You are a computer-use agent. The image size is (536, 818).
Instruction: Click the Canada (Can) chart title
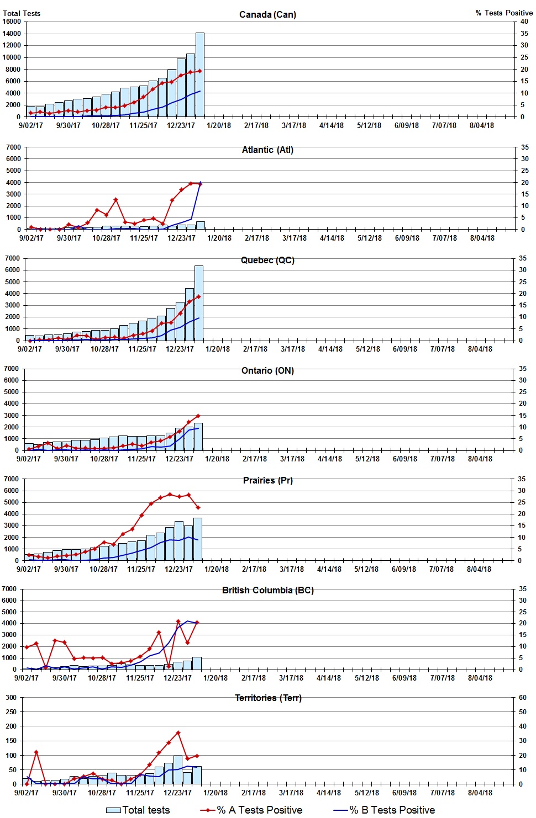click(x=267, y=14)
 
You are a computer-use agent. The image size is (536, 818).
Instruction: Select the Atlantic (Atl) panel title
click(x=267, y=150)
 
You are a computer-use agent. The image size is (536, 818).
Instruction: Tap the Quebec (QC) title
click(x=267, y=260)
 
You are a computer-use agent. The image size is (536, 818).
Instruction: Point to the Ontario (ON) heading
click(x=267, y=370)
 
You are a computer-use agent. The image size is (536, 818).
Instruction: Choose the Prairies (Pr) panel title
click(x=267, y=480)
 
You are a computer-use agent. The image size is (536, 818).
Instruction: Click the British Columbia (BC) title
click(x=267, y=590)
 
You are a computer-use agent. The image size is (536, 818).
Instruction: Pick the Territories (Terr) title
click(x=267, y=698)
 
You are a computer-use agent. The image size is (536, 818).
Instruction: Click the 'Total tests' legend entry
click(x=138, y=810)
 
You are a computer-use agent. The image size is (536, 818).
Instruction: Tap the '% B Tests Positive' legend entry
click(x=385, y=810)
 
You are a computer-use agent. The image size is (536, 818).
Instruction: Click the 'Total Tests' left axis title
click(x=22, y=13)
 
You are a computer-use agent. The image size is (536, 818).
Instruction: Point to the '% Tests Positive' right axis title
click(x=504, y=13)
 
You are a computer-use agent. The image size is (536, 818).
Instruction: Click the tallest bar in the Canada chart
click(x=199, y=75)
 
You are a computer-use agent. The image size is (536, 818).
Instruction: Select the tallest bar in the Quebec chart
click(x=198, y=302)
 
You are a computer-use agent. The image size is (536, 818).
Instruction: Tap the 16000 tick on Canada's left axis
click(x=12, y=22)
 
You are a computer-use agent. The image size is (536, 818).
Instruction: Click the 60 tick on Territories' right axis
click(x=523, y=697)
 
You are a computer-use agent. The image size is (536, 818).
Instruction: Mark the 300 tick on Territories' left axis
click(x=11, y=697)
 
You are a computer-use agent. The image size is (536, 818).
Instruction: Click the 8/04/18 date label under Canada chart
click(x=482, y=125)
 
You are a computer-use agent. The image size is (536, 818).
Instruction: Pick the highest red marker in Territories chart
click(x=178, y=733)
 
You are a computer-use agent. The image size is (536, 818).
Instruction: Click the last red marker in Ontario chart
click(x=198, y=416)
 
